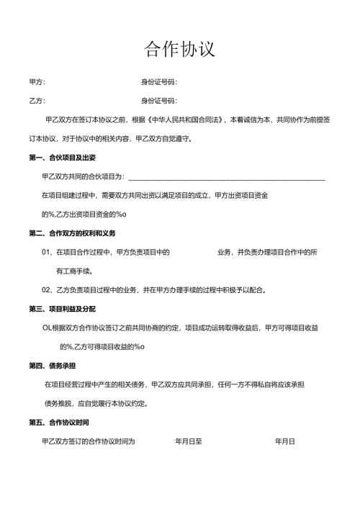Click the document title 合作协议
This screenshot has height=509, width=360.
point(179,49)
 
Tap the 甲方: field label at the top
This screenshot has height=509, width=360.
point(37,82)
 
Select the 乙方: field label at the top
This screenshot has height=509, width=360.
point(37,101)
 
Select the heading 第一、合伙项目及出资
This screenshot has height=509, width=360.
point(63,157)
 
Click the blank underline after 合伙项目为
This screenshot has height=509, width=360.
point(226,177)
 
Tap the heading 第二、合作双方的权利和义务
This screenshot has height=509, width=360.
point(73,233)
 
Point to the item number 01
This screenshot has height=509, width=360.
point(48,253)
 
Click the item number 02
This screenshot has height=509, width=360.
point(48,290)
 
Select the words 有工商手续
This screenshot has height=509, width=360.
point(73,271)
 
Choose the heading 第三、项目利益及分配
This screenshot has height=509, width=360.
point(63,309)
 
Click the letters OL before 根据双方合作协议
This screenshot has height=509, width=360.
point(48,328)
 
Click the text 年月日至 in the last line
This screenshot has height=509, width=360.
point(189,441)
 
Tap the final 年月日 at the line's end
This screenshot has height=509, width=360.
point(285,441)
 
